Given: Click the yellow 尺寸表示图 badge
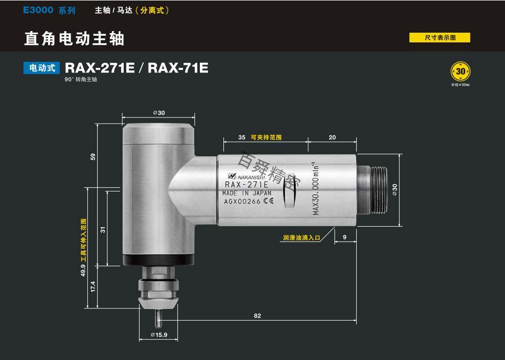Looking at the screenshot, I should tap(440, 38).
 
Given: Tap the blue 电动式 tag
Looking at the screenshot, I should tap(42, 68).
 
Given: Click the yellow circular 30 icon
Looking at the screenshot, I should tap(461, 71).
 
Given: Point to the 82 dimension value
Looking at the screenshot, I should tap(257, 316).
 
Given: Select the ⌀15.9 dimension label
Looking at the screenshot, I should tap(159, 335).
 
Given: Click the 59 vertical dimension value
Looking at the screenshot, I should tap(93, 157).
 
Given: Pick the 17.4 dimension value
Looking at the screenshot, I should tap(93, 287).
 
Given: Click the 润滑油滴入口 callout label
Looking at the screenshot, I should tap(302, 237).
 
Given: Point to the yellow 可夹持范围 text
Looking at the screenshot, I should tap(266, 138).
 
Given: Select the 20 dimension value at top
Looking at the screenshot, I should tap(332, 138).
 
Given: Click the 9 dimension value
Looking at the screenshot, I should tap(345, 237).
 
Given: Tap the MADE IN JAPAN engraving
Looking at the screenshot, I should tap(247, 194).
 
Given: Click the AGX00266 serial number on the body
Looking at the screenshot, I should tap(242, 202).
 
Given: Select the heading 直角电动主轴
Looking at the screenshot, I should tap(75, 38).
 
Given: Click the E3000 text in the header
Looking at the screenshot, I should tap(38, 10).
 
